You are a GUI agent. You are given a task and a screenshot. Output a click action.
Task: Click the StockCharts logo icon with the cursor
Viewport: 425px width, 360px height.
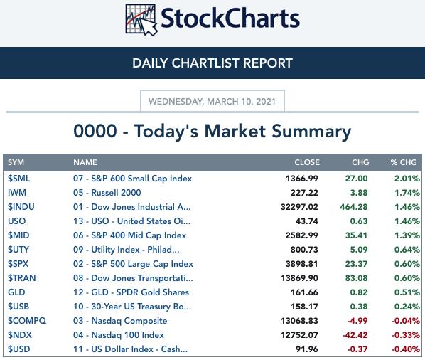pyautogui.click(x=141, y=20)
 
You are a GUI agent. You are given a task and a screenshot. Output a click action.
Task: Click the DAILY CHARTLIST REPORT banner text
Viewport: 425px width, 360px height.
pyautogui.click(x=212, y=63)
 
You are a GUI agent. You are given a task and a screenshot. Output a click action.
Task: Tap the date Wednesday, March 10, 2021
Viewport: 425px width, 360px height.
pyautogui.click(x=212, y=102)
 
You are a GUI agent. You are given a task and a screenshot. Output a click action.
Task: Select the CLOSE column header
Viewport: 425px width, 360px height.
pyautogui.click(x=307, y=162)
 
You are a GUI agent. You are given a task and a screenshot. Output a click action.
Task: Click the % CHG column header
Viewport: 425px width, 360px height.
pyautogui.click(x=404, y=162)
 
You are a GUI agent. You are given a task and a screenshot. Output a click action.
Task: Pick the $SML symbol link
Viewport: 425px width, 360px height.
pyautogui.click(x=18, y=179)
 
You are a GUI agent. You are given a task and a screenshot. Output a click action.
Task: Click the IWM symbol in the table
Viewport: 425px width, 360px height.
pyautogui.click(x=17, y=193)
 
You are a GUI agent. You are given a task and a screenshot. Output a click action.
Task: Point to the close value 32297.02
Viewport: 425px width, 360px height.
pyautogui.click(x=299, y=207)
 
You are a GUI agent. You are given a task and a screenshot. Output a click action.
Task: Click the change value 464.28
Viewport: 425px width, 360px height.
pyautogui.click(x=354, y=207)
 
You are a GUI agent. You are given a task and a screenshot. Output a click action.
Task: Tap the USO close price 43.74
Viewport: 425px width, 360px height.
pyautogui.click(x=307, y=221)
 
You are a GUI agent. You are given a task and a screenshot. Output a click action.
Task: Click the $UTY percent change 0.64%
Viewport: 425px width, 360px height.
pyautogui.click(x=407, y=250)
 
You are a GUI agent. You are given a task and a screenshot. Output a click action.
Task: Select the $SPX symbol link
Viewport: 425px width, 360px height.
pyautogui.click(x=18, y=264)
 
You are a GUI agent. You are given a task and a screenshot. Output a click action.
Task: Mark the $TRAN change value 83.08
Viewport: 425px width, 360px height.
pyautogui.click(x=356, y=278)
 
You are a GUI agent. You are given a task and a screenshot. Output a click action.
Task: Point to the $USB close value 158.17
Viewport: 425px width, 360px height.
pyautogui.click(x=304, y=307)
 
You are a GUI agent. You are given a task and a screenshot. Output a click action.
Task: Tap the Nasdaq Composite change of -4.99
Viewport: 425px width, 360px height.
pyautogui.click(x=357, y=321)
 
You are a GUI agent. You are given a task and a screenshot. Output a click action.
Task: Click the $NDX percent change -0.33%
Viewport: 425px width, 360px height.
pyautogui.click(x=406, y=335)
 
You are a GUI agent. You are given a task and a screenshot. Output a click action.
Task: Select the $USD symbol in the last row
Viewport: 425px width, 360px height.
pyautogui.click(x=18, y=349)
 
